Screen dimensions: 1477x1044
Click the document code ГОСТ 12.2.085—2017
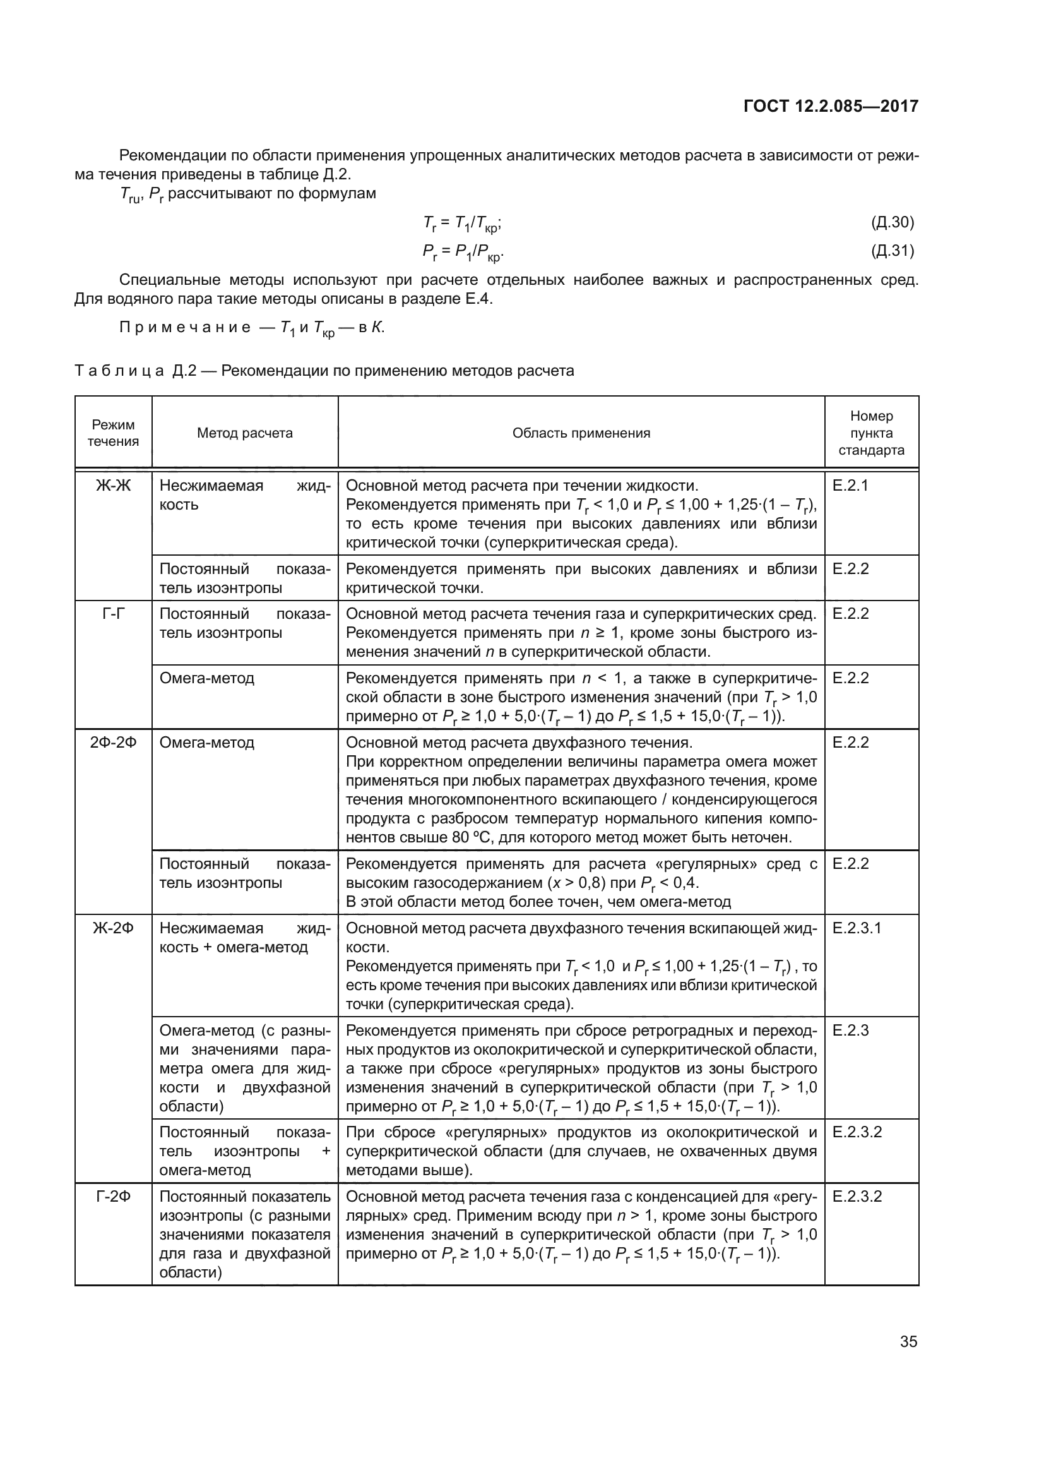click(x=831, y=106)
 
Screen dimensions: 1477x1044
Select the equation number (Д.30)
click(x=893, y=222)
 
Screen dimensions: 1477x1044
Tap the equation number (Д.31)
click(x=893, y=251)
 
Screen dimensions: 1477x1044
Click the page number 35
click(x=908, y=1342)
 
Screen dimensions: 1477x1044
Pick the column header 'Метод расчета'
click(x=244, y=433)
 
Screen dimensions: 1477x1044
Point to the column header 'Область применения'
click(x=581, y=433)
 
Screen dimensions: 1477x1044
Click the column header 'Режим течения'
click(x=113, y=433)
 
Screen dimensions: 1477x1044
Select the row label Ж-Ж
click(x=113, y=486)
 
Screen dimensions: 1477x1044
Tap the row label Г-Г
click(x=113, y=614)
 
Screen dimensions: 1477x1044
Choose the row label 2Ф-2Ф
click(x=113, y=743)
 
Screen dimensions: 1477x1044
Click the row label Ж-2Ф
click(x=113, y=928)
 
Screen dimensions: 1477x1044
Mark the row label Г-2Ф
click(x=113, y=1197)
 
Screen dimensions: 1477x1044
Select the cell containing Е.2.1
click(x=850, y=486)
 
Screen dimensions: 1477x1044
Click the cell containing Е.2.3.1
click(x=857, y=928)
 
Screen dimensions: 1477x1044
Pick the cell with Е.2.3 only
click(x=850, y=1031)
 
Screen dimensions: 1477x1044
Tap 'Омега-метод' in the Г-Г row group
click(x=206, y=678)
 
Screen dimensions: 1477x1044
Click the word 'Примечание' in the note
click(x=185, y=328)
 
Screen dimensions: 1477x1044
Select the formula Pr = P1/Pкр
click(x=462, y=252)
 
